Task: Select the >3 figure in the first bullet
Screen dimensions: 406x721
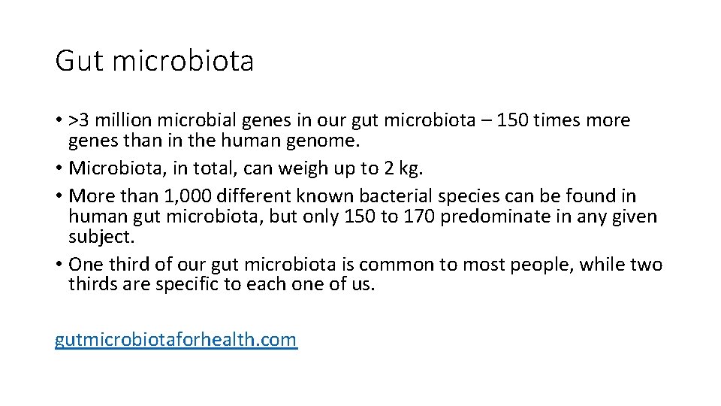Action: coord(78,121)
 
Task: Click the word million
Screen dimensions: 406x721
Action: coord(122,121)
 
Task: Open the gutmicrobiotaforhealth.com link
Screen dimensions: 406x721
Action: coord(176,340)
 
